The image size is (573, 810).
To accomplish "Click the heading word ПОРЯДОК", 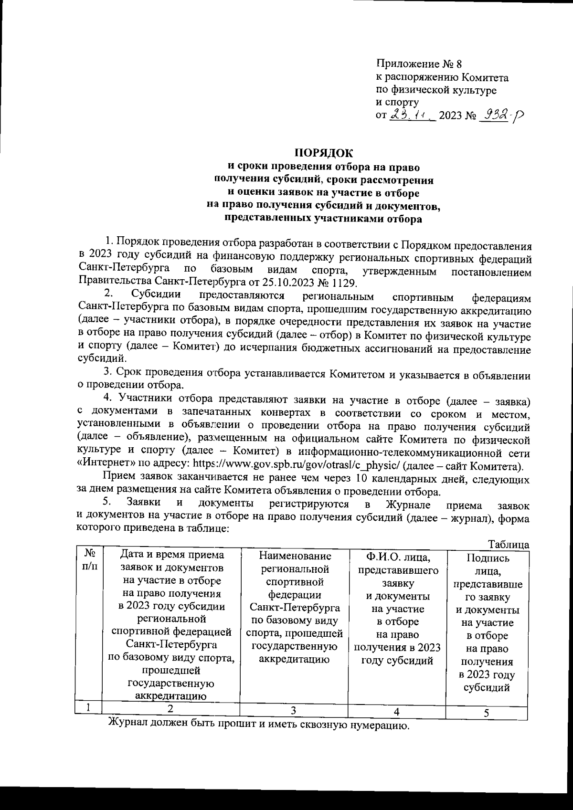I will (323, 153).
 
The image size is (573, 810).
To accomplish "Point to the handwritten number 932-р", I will (500, 114).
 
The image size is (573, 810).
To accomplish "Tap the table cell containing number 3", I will (294, 710).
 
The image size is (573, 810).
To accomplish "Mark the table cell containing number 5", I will (486, 713).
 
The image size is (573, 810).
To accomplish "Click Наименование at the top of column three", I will (294, 556).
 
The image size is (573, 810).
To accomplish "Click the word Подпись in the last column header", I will (487, 558).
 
